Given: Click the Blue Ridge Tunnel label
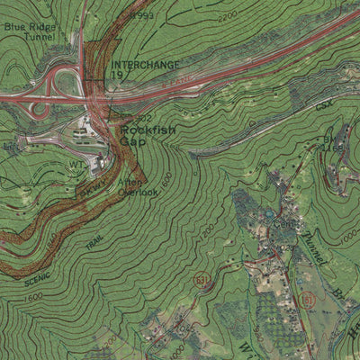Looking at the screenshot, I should tap(28, 32).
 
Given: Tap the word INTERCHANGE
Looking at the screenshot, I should tap(145, 65).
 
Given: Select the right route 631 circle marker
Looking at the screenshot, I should tap(309, 299).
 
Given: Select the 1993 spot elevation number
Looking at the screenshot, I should tap(143, 17).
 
